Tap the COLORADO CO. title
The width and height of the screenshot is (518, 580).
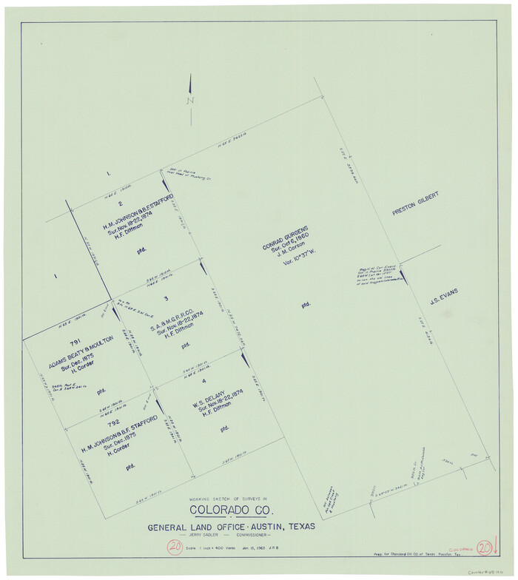click(232, 510)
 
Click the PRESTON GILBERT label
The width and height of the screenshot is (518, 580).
click(416, 203)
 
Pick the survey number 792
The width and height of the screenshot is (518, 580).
click(113, 423)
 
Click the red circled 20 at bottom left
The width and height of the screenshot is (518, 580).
click(175, 547)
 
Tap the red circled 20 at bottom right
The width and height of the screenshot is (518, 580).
click(485, 548)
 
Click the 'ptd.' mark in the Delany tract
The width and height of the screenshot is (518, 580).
click(224, 428)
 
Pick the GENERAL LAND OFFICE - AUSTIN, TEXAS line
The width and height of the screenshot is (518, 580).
click(231, 526)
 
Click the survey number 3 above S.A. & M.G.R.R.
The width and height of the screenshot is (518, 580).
click(166, 298)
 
